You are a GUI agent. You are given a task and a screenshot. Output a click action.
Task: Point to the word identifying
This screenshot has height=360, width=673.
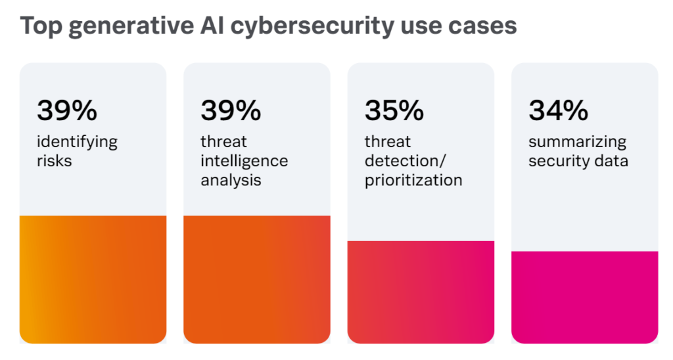coord(77,143)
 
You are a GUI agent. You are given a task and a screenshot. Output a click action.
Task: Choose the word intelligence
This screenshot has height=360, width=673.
coord(244,162)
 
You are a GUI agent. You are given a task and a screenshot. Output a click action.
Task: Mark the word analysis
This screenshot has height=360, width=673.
coord(231,179)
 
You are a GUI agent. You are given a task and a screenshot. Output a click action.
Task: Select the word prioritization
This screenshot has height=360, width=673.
coord(413,180)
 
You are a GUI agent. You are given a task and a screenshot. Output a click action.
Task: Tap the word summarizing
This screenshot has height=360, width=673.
coord(577,143)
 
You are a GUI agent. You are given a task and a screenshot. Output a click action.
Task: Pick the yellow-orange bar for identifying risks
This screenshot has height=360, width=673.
coord(93,279)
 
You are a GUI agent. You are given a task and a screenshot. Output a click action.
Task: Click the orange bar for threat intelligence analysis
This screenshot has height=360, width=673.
coord(256,279)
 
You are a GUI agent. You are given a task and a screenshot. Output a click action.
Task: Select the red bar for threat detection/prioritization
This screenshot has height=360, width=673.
coord(421,292)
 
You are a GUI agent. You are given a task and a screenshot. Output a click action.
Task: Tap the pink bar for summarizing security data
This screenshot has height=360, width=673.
coord(584,297)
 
